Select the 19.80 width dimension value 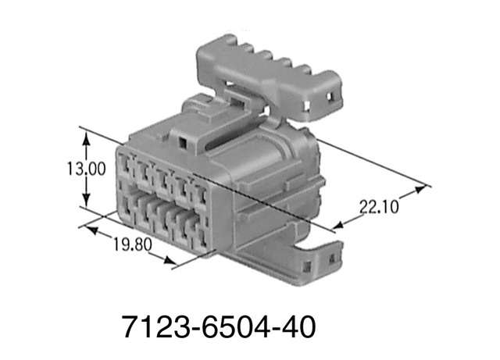[130, 246]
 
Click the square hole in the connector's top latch [182, 143]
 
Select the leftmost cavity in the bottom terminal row [126, 210]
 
